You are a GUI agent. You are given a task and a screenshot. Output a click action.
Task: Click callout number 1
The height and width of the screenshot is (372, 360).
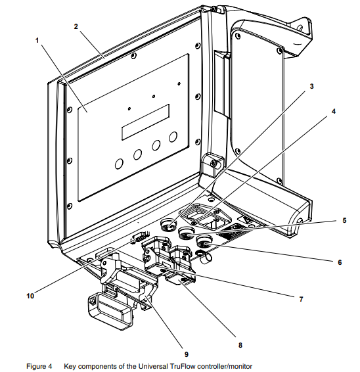tap(37, 41)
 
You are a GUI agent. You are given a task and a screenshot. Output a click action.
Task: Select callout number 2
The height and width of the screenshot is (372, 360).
tap(76, 26)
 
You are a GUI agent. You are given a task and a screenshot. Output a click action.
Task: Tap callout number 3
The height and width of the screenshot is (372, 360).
tap(311, 86)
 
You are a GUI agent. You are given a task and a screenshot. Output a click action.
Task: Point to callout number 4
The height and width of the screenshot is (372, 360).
tap(334, 111)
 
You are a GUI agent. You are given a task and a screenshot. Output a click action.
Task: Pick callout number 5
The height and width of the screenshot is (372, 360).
tap(344, 220)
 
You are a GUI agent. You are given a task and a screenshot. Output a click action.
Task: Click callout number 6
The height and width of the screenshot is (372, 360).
tap(340, 262)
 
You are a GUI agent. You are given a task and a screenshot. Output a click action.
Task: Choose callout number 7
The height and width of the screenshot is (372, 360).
tap(301, 299)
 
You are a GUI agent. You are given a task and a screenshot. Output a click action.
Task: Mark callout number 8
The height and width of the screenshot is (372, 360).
tap(240, 345)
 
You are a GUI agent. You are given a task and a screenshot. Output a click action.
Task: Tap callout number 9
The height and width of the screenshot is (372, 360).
tap(187, 354)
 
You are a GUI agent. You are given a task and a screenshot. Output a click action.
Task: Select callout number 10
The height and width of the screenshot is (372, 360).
tap(30, 296)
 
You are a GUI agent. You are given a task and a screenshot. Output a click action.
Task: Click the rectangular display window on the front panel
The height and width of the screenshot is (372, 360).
tap(146, 122)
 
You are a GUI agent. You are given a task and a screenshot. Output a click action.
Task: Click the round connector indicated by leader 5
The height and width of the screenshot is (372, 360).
tap(185, 233)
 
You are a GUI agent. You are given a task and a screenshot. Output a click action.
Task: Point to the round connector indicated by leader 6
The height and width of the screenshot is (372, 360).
tap(202, 242)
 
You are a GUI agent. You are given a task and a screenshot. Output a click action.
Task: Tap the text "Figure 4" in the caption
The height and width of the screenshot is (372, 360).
tap(39, 367)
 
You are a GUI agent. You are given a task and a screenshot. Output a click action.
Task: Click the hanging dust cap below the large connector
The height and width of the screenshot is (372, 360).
tap(110, 311)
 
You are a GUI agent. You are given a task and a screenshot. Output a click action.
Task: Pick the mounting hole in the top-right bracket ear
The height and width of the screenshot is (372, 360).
tap(300, 28)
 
